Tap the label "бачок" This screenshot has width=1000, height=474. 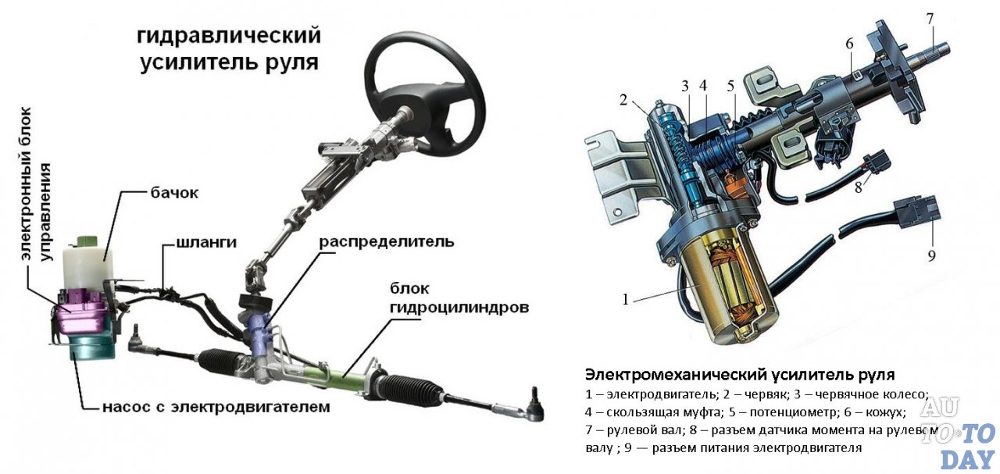(x=174, y=194)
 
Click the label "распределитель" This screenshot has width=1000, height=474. (x=386, y=241)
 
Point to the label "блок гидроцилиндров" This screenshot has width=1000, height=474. (x=459, y=298)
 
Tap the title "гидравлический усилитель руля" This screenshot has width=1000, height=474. (x=229, y=49)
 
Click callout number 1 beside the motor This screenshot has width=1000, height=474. (x=625, y=298)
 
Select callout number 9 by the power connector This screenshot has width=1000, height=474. (x=930, y=255)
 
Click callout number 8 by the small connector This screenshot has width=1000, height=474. (x=857, y=187)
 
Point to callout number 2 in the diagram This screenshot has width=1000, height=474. (x=623, y=99)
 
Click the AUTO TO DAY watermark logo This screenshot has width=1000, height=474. (x=956, y=433)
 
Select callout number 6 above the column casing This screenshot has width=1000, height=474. (x=848, y=44)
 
